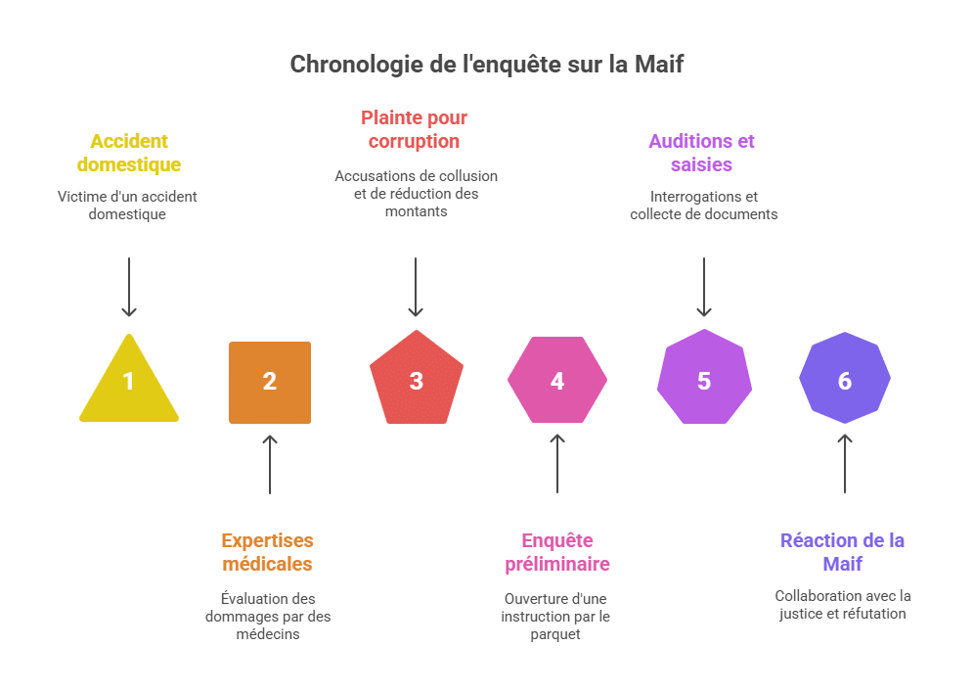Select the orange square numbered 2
coord(270,383)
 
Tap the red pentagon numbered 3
coord(417,379)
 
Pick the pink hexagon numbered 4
coord(557,380)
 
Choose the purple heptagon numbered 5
coord(704,378)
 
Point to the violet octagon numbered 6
coord(845,377)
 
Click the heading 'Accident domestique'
coord(129,153)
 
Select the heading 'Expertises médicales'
coord(268,552)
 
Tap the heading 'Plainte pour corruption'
coord(415,129)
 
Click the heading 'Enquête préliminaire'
coord(557,552)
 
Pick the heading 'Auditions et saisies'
coord(702,153)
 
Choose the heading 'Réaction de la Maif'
coord(842,552)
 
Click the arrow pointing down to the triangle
coord(129,287)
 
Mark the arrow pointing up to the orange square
coord(270,465)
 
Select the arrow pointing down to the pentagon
coord(416,287)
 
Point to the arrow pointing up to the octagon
coord(845,464)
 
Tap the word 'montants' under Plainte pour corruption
coord(417,211)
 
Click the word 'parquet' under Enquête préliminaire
coord(555,634)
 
